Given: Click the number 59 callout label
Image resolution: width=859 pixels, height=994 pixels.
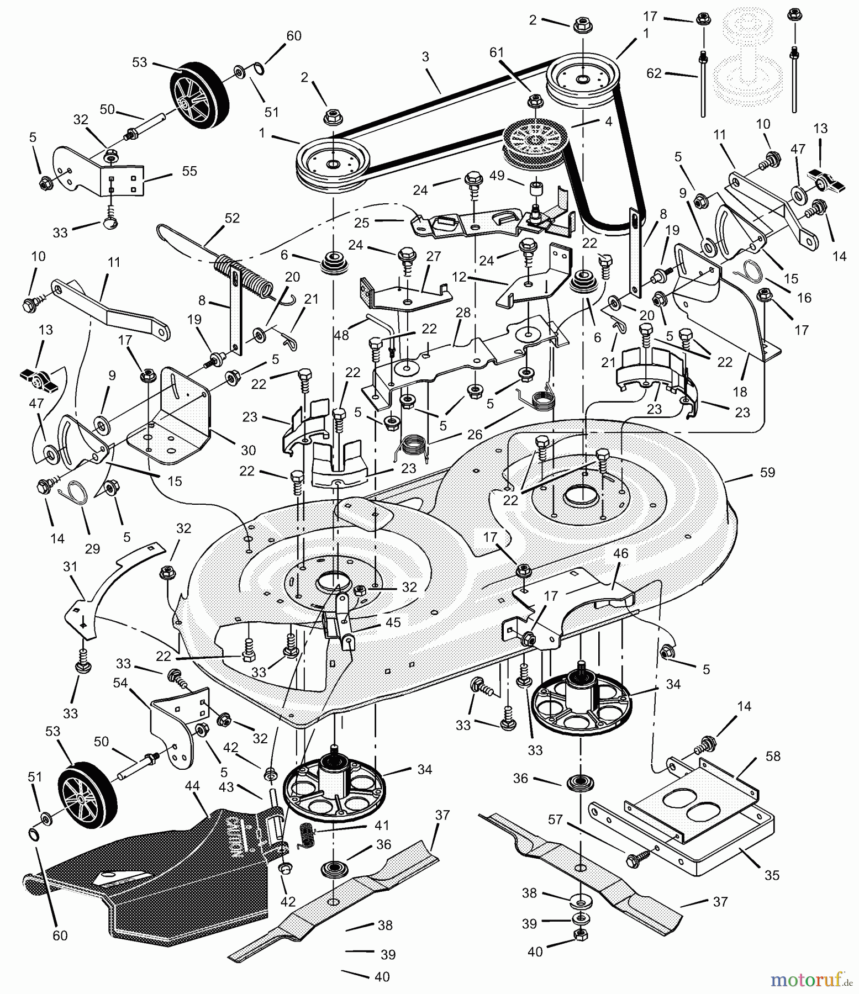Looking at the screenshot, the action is click(x=767, y=473).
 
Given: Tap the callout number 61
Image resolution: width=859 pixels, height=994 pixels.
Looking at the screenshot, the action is click(x=497, y=52).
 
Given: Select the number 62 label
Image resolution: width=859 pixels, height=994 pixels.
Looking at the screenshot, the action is click(x=654, y=73).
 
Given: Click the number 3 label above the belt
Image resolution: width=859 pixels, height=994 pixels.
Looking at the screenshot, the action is click(x=425, y=57).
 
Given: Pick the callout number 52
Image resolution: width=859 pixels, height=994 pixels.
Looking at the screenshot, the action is click(x=232, y=218).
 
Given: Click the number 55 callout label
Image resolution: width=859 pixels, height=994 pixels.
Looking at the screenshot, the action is click(x=189, y=171).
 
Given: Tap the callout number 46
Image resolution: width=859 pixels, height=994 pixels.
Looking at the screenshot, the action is click(x=620, y=553).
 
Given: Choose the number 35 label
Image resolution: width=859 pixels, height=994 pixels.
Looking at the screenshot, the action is click(x=772, y=875).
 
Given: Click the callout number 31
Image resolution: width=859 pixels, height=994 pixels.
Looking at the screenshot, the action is click(x=70, y=567).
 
